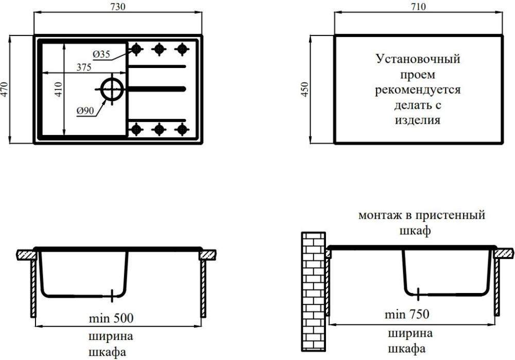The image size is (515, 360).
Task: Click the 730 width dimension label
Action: [118, 7]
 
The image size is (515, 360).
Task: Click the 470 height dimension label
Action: [4, 89]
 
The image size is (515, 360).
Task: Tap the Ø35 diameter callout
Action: [101, 54]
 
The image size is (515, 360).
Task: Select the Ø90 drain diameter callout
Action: [85, 111]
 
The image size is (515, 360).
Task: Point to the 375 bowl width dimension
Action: [84, 67]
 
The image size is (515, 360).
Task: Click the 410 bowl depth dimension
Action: [58, 89]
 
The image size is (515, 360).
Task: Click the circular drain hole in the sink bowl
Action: [112, 89]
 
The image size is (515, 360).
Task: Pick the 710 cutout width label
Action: [418, 7]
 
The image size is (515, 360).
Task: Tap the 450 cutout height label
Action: [305, 89]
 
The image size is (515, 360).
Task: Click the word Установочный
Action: [418, 59]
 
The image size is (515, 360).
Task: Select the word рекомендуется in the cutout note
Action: [418, 90]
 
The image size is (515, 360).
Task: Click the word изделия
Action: [418, 120]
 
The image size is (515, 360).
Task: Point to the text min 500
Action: [111, 318]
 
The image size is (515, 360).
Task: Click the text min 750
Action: [407, 314]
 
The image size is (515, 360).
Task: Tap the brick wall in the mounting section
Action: [313, 292]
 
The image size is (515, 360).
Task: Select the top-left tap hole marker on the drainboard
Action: [136, 49]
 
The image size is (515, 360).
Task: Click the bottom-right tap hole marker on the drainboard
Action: [182, 129]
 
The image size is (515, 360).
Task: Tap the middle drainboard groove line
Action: [157, 89]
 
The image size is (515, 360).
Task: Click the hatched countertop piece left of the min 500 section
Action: [26, 255]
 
